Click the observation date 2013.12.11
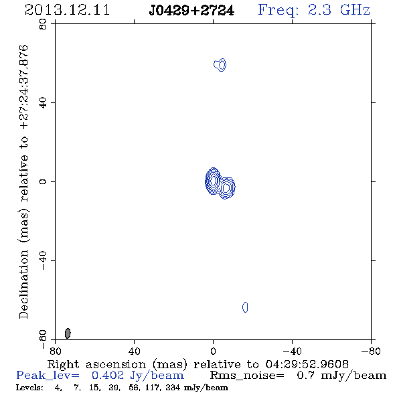[x=67, y=10]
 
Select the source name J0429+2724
[x=191, y=11]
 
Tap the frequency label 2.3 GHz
[x=339, y=10]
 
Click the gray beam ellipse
[x=68, y=333]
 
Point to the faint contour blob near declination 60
[x=220, y=65]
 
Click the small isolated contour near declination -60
[x=245, y=307]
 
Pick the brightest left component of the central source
[x=213, y=181]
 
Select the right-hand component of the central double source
[x=226, y=187]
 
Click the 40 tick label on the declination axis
[x=43, y=103]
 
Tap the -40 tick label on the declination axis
[x=43, y=260]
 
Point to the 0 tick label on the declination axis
[x=43, y=181]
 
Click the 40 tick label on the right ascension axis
[x=134, y=351]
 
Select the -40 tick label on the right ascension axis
[x=292, y=351]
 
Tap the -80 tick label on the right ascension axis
[x=371, y=351]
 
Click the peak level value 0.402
[x=108, y=376]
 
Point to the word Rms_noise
[x=247, y=376]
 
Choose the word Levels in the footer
[x=29, y=387]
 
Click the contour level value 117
[x=152, y=388]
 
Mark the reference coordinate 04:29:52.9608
[x=307, y=364]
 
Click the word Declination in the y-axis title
[x=23, y=285]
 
